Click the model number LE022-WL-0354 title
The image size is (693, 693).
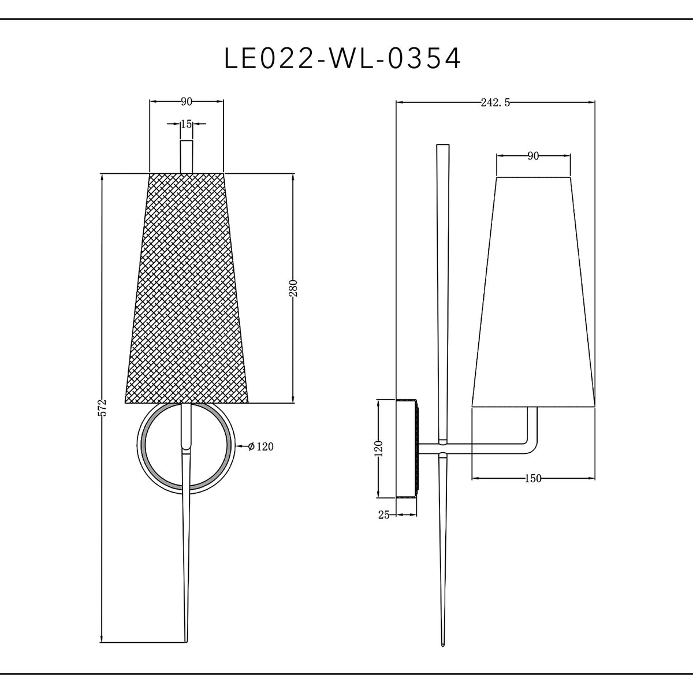[x=343, y=58]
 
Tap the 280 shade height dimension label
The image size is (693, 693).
[x=293, y=288]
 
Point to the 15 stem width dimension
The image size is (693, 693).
[x=186, y=124]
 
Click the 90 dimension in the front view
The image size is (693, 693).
[x=186, y=102]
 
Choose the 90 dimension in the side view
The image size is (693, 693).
[x=533, y=156]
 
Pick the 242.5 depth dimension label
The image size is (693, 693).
[x=495, y=103]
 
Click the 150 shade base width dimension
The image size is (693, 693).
[x=532, y=478]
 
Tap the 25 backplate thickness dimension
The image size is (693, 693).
[x=384, y=515]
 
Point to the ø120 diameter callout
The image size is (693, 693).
[x=259, y=446]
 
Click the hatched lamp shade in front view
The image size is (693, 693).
[x=186, y=289]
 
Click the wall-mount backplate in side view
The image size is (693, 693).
[x=407, y=448]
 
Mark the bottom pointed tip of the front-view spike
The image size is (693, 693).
[x=186, y=641]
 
